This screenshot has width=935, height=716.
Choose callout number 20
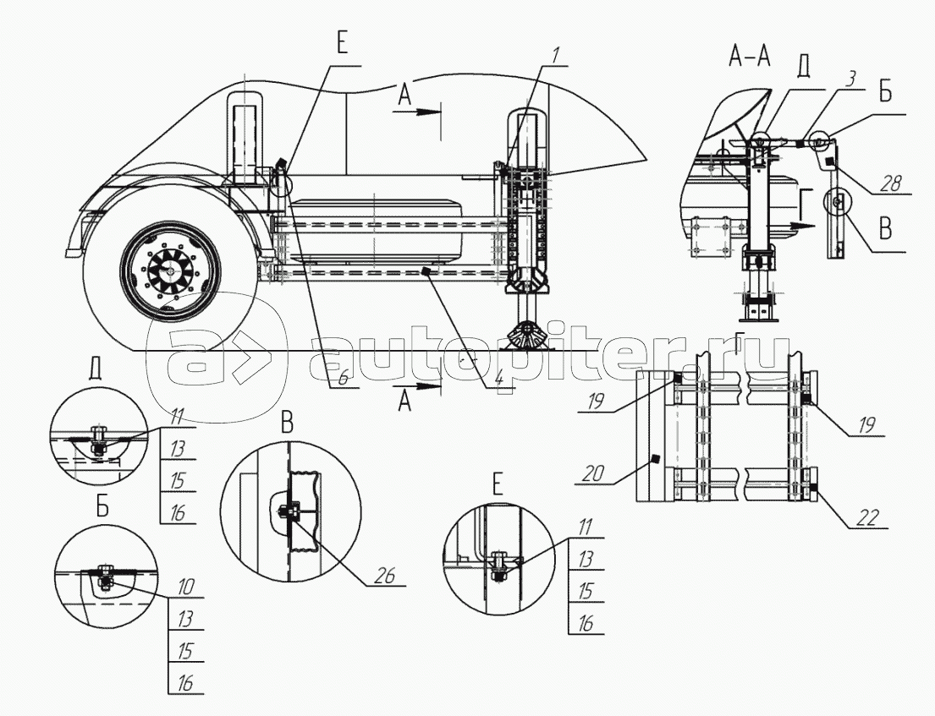(593, 475)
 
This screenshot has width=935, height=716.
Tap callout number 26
(385, 575)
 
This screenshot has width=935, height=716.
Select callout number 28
(892, 184)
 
